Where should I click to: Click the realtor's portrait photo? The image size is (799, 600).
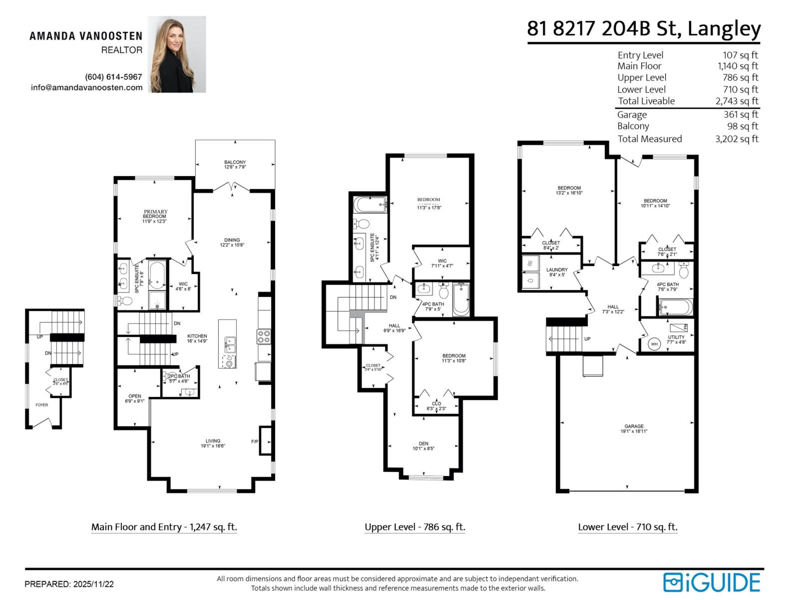pos(177,54)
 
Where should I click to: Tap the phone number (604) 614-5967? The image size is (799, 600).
pos(113,77)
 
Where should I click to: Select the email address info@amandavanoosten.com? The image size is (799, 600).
pos(86,87)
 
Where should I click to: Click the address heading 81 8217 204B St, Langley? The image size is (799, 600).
pos(644,28)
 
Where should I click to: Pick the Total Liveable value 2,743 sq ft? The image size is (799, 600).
pos(737,101)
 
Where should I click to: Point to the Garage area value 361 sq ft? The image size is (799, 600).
pos(741,114)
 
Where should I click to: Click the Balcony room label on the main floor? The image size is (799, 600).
pos(235,164)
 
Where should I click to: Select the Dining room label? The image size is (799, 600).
pos(232,242)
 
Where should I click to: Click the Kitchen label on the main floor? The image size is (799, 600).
pos(197,338)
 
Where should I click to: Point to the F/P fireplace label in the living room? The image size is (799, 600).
pos(255,442)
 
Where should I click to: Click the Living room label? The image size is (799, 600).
pos(213,443)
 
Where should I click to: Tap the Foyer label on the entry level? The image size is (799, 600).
pos(42,405)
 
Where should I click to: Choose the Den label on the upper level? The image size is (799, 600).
pos(423,446)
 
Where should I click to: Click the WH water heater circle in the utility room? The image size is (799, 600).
pos(654,344)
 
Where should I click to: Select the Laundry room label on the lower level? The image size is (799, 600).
pos(556,272)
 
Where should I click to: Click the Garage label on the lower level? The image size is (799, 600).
pos(634,428)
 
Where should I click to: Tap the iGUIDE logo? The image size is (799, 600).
pos(711,582)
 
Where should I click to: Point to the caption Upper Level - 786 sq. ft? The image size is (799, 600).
pos(414,527)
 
